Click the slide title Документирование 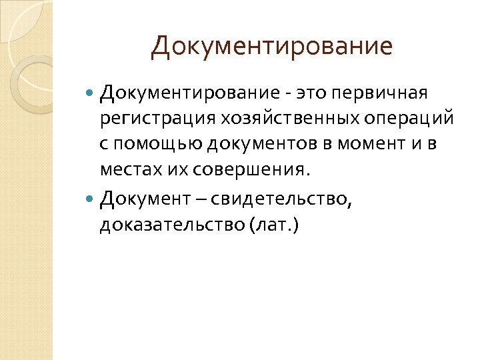click(x=271, y=47)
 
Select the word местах click(x=127, y=171)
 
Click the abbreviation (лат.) click(x=274, y=225)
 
